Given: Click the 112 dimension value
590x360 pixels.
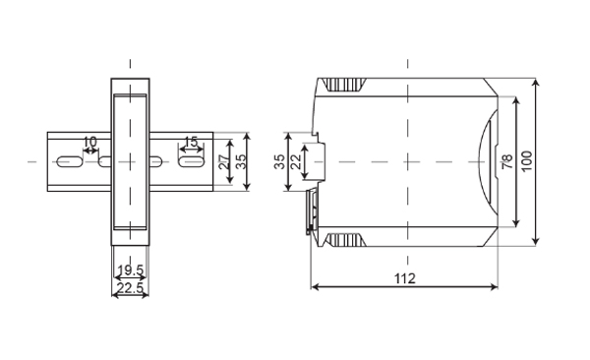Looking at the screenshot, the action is pos(405,278).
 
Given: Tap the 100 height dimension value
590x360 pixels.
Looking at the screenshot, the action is pos(527,160).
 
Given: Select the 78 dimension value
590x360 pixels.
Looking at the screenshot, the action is pos(507,161).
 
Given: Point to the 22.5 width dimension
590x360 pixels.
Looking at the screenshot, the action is pos(130,288).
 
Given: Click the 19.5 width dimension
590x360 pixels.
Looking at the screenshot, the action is pos(130,270).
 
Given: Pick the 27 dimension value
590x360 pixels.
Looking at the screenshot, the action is pos(224,162).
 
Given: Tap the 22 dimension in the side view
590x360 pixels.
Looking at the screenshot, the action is pos(296,162).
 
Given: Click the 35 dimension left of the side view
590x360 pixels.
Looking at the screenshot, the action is pos(279,162).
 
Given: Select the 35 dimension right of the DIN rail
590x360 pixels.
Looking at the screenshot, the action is pos(242,161).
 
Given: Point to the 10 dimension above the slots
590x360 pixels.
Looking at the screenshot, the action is pos(89,142).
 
